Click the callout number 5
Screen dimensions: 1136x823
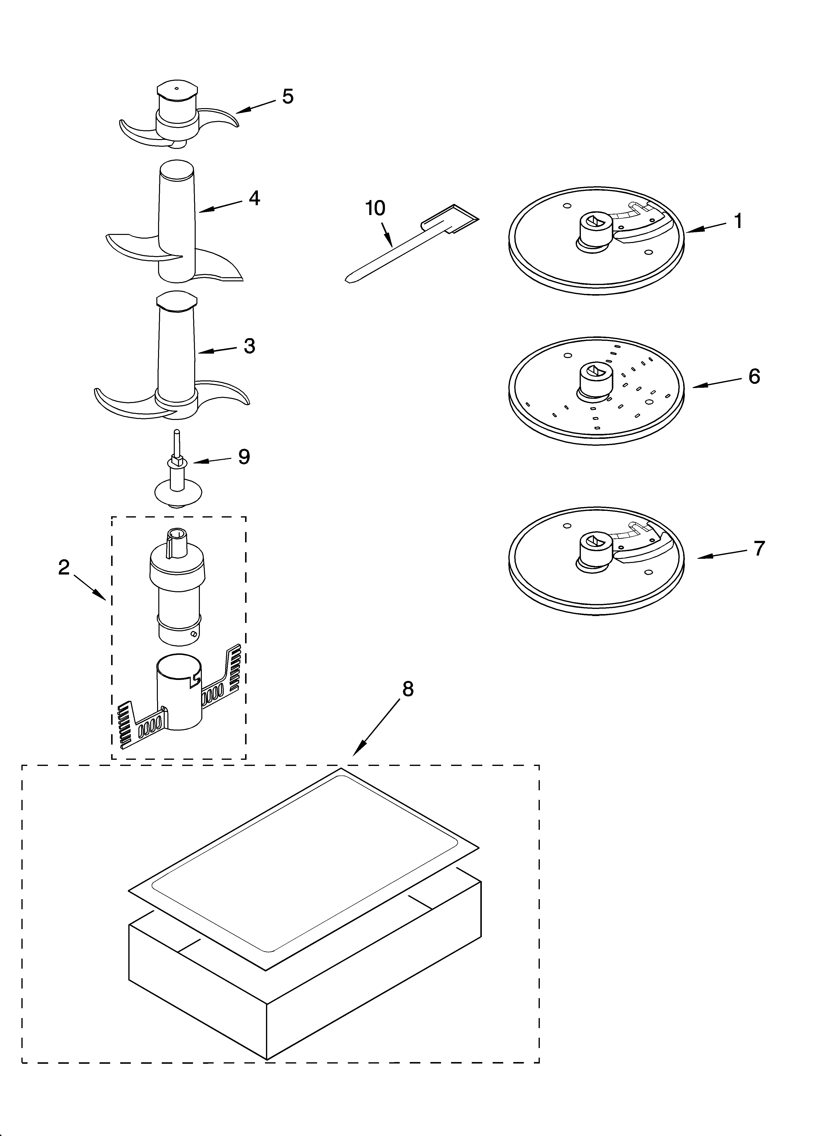tap(288, 97)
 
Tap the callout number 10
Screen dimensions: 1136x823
tap(375, 208)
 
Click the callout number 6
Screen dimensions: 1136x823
tap(754, 376)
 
